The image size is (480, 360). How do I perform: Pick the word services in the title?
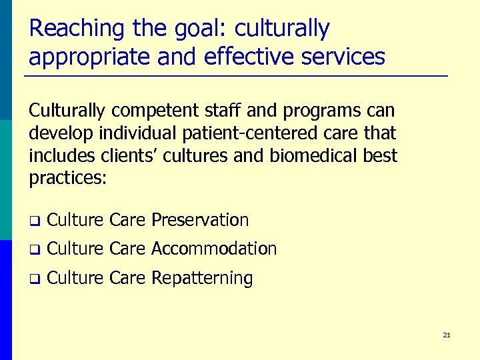click(x=344, y=57)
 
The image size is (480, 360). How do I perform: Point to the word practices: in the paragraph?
click(x=67, y=179)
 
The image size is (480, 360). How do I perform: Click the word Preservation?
click(x=200, y=220)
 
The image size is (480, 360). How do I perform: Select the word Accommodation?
click(x=213, y=249)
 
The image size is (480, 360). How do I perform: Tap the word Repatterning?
click(x=202, y=279)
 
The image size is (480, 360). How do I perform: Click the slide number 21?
click(x=446, y=335)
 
